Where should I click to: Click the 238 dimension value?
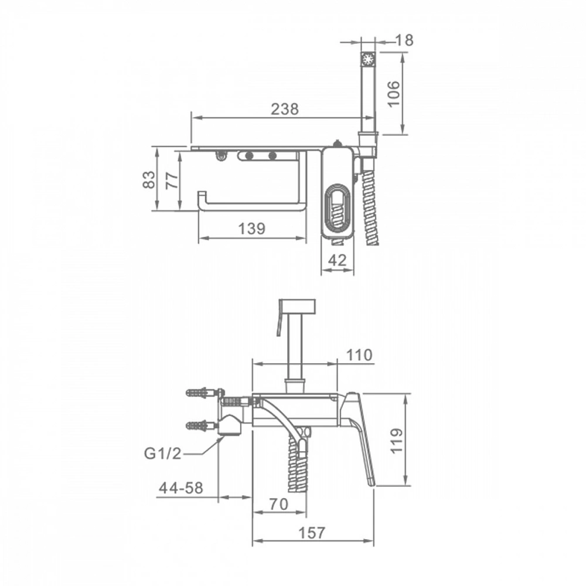click(x=285, y=109)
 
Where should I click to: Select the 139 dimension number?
click(x=252, y=229)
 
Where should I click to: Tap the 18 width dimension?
click(x=404, y=40)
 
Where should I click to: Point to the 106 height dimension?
click(x=394, y=94)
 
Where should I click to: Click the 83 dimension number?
click(x=149, y=179)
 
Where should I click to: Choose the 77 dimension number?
click(x=172, y=180)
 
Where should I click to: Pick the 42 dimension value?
click(x=338, y=260)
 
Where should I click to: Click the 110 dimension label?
click(x=360, y=355)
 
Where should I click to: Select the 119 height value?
click(x=397, y=441)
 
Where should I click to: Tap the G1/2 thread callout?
click(x=162, y=454)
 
